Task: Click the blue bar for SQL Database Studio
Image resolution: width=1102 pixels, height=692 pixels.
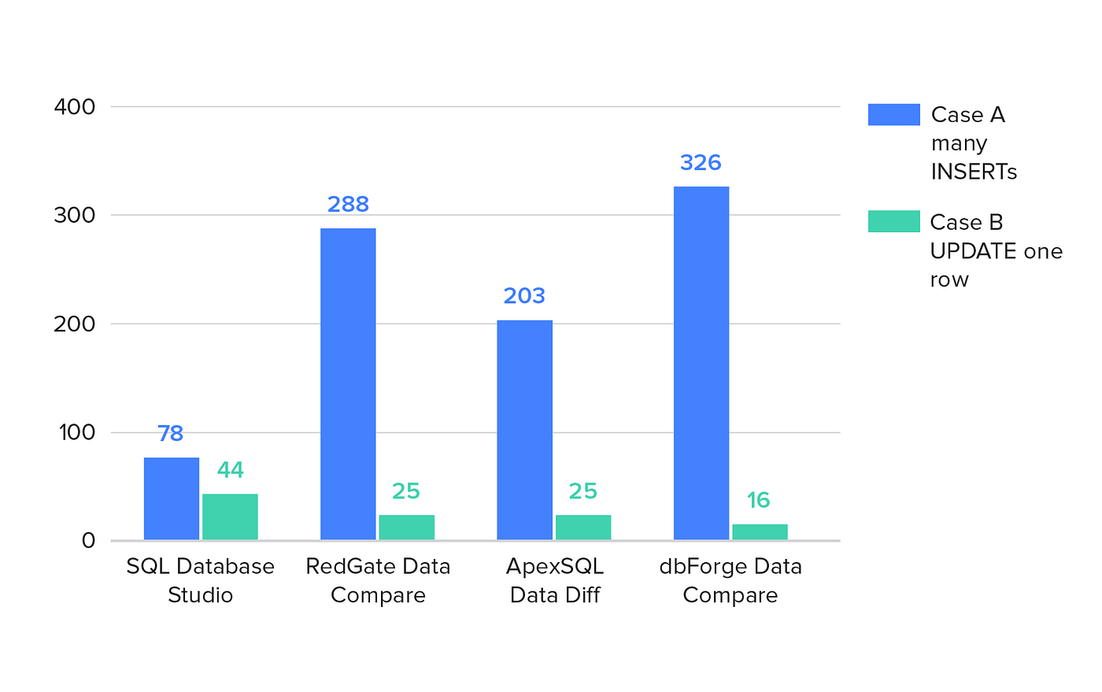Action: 172,498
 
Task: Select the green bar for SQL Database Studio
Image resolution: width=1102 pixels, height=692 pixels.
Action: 230,516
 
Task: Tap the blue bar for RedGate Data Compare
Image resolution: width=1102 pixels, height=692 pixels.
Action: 348,384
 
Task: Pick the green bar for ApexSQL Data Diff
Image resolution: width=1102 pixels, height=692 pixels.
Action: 583,527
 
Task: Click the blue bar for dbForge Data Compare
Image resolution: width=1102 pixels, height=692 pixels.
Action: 701,363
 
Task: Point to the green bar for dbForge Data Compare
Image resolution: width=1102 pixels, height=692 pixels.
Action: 760,532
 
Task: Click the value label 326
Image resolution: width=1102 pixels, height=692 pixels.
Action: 701,163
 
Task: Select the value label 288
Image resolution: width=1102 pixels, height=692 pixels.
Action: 348,205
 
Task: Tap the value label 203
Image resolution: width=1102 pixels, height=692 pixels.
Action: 524,296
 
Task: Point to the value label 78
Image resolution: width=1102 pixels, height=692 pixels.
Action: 171,434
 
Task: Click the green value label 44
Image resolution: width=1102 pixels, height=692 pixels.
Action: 230,470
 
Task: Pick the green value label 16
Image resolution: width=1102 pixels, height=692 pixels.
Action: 758,500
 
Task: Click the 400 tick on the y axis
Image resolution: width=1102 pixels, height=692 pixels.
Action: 75,107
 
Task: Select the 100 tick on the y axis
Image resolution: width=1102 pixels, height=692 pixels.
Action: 76,432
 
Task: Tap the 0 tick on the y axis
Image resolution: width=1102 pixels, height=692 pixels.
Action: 88,541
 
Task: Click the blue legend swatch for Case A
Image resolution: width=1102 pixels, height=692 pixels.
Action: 893,115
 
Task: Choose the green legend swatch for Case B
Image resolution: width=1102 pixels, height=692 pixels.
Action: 893,221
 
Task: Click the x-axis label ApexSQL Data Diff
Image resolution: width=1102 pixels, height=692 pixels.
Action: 555,580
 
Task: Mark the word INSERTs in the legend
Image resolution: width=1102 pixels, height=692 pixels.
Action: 974,172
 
